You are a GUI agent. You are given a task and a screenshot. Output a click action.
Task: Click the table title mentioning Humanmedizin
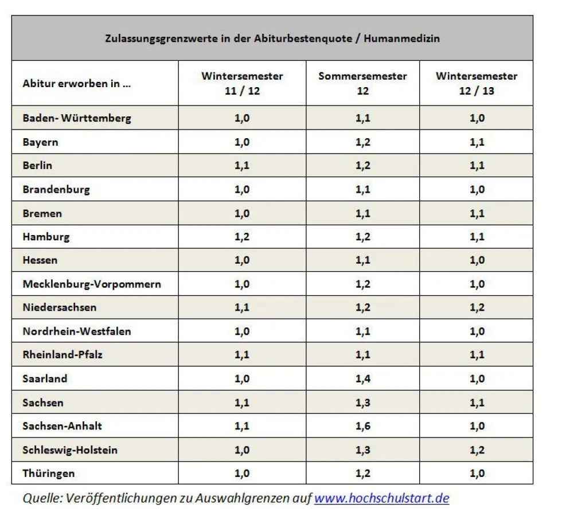pos(272,38)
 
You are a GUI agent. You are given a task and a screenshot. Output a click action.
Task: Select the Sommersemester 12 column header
pos(362,83)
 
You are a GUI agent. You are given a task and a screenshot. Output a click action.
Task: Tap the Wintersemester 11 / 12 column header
pos(242,83)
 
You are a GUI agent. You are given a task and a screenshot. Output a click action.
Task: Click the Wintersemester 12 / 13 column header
pos(477,83)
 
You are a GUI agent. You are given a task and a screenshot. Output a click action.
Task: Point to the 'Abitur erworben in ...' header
pos(77,83)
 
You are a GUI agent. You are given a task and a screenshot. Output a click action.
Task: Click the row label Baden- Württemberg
pos(77,118)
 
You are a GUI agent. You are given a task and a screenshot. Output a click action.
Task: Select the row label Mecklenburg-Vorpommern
pos(92,284)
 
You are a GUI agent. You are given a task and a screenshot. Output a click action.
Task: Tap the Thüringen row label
pos(49,473)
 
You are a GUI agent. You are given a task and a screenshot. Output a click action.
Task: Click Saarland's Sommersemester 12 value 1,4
pos(362,378)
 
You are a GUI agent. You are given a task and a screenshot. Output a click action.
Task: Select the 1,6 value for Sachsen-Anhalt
pos(362,426)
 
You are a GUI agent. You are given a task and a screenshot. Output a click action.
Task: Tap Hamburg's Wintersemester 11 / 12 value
pos(242,236)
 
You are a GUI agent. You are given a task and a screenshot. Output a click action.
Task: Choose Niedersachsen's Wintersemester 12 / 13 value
pos(477,307)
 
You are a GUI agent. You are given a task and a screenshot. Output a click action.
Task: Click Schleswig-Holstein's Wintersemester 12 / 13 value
pos(477,449)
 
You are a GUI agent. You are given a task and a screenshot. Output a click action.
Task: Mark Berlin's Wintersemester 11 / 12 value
pos(242,165)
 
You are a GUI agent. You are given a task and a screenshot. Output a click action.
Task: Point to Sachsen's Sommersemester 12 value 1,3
pos(362,402)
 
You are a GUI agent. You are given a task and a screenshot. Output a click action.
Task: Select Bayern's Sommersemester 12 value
pos(362,142)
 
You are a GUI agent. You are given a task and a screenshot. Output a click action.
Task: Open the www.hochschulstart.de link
pos(381,498)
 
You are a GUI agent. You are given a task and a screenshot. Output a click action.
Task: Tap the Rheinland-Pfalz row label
pos(63,354)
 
